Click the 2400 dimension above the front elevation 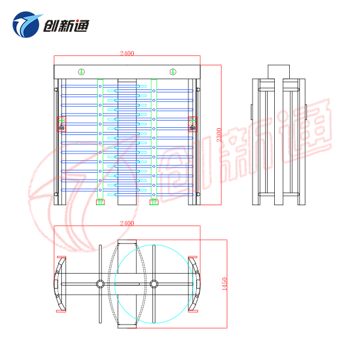tap(127, 53)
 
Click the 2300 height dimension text tap(220, 134)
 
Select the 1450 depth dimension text tap(224, 284)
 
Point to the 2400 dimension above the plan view tap(127, 223)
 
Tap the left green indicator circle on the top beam tap(81, 72)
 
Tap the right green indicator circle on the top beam tap(173, 72)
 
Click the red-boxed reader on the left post tap(61, 124)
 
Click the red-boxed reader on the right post tap(193, 124)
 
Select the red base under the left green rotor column tap(100, 202)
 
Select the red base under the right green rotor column tap(154, 202)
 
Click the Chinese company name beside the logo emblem tap(65, 25)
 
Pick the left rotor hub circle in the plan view tap(100, 283)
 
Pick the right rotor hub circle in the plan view tap(154, 283)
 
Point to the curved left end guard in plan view tap(60, 283)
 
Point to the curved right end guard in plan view tap(193, 283)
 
